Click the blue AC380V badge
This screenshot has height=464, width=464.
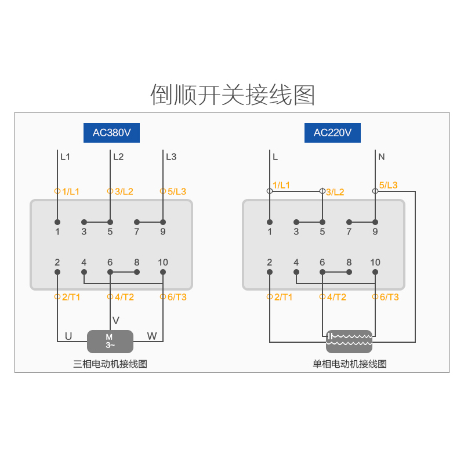[112, 133]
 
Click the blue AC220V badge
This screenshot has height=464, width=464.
[332, 133]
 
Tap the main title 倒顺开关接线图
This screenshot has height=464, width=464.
[233, 95]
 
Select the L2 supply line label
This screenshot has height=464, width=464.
[118, 157]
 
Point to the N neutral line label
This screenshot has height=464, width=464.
[381, 157]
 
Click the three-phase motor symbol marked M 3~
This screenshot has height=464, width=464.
[110, 341]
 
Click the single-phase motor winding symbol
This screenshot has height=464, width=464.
[349, 341]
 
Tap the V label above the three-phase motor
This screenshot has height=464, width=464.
[116, 321]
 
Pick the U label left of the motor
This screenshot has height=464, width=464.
[68, 336]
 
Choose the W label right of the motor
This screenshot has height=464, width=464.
[152, 336]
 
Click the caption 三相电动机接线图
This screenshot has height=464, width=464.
[110, 364]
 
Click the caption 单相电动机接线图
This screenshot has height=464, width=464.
[350, 364]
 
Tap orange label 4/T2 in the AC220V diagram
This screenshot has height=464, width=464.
[336, 297]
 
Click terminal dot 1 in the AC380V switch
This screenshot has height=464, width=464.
[57, 222]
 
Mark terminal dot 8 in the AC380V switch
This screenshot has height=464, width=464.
[137, 271]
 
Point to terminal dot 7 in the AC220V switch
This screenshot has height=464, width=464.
[349, 222]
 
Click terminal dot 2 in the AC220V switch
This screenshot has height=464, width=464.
[270, 271]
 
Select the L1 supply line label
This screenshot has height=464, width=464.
[65, 157]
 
